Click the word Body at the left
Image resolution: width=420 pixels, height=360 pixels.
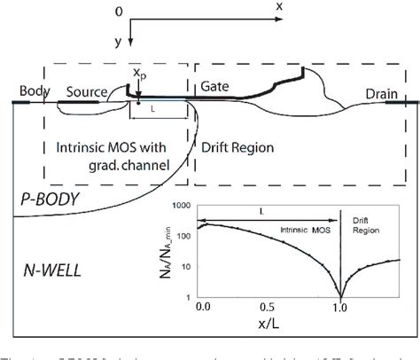coord(32,92)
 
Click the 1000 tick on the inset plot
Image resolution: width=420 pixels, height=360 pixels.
coord(183,206)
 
